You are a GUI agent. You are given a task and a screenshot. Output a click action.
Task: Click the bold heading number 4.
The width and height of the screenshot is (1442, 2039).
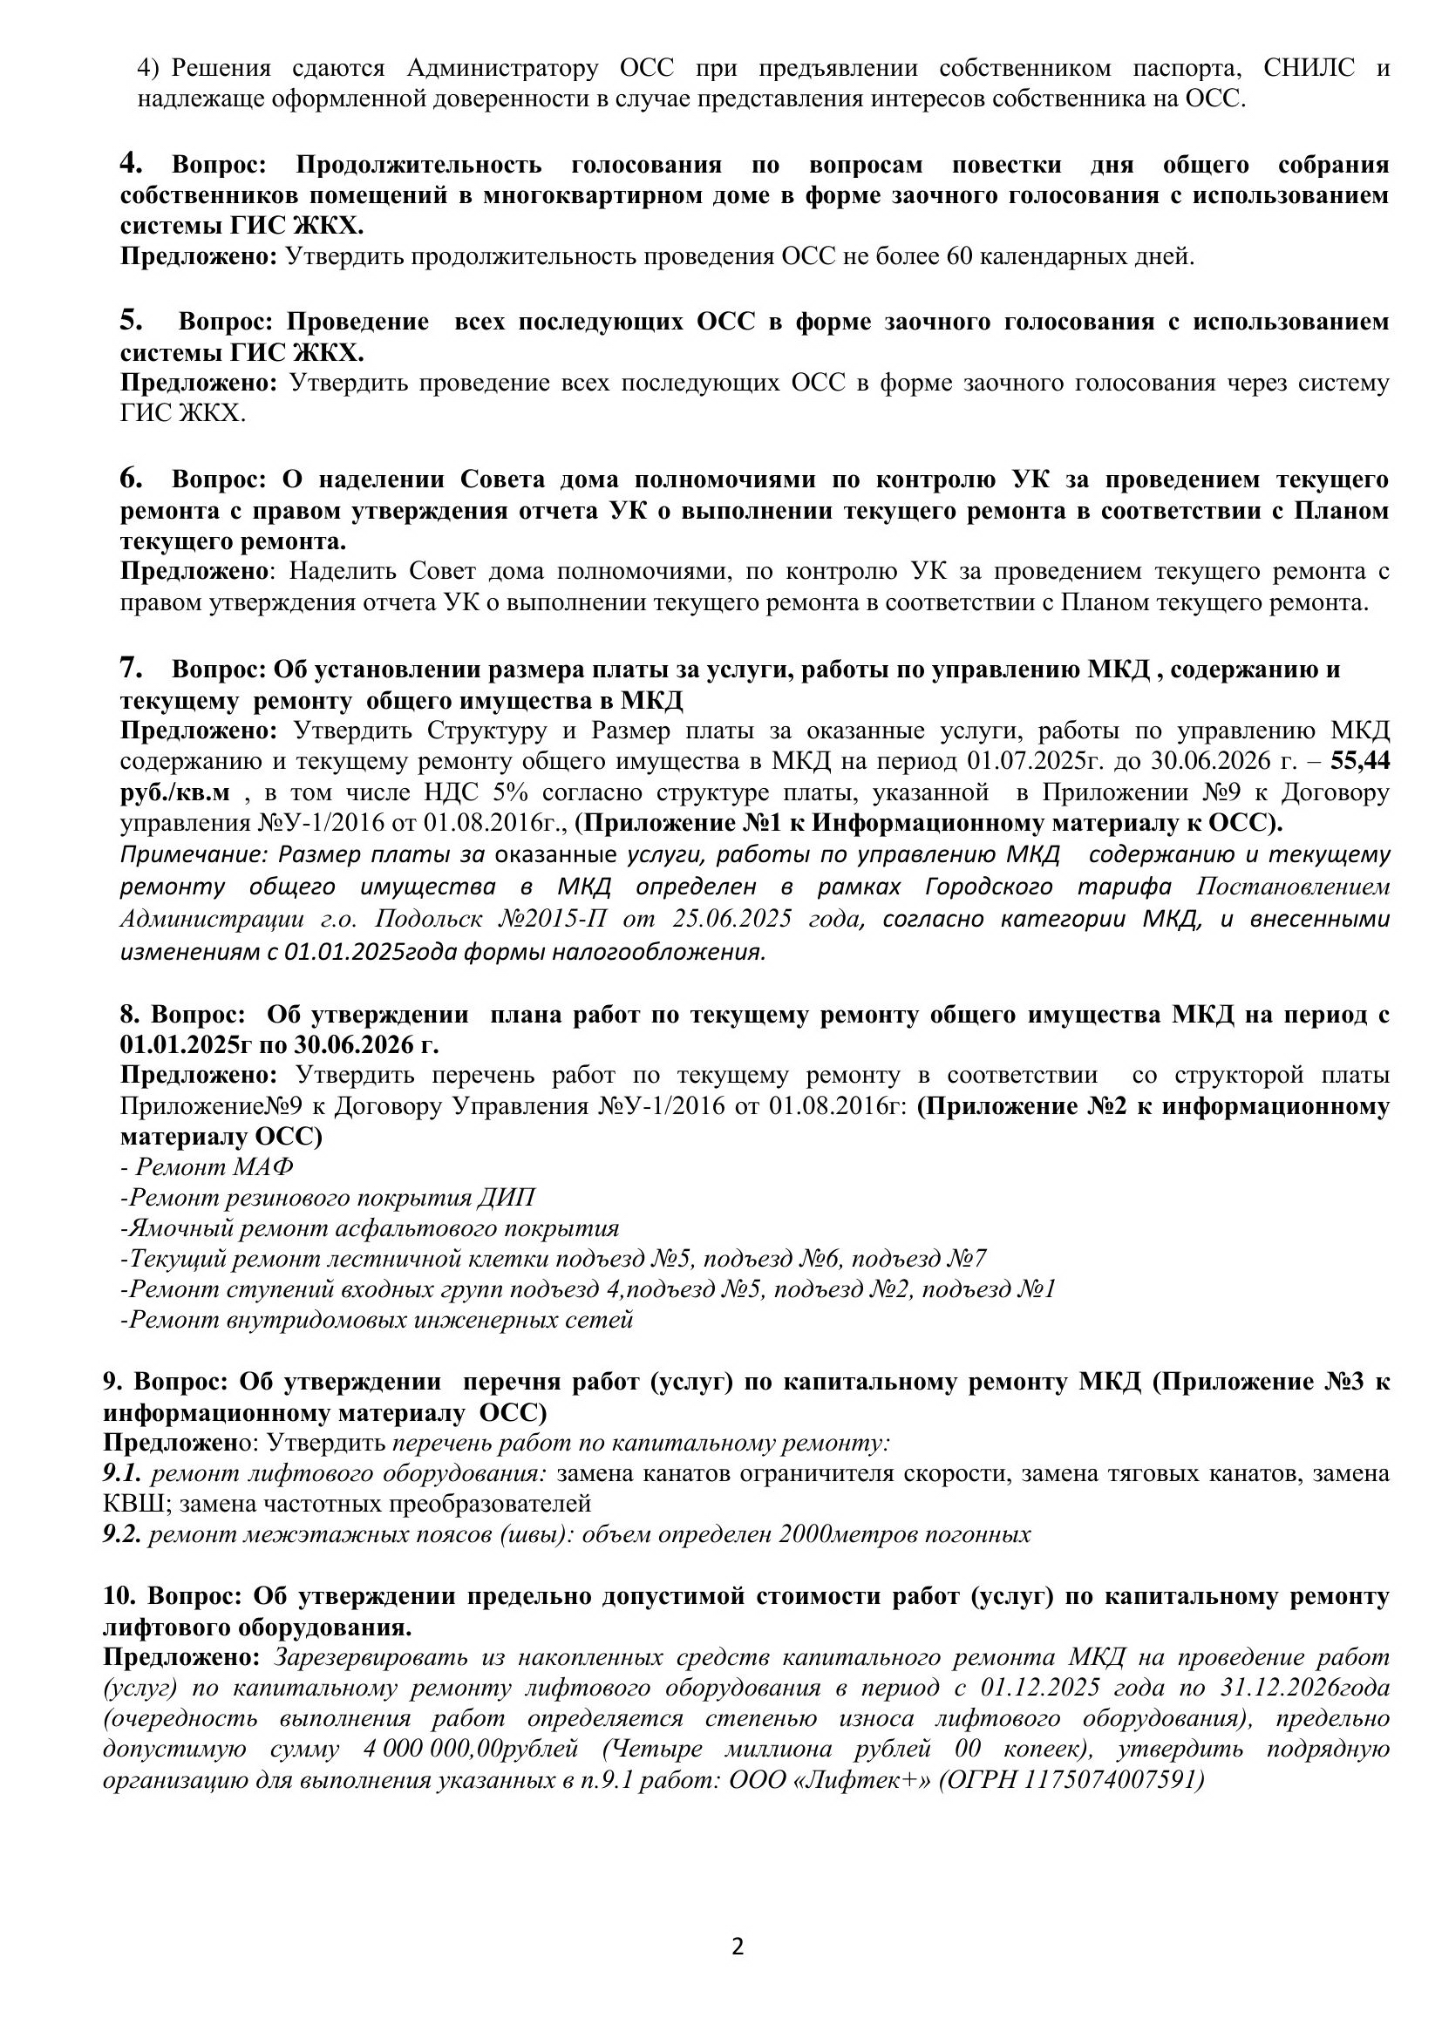coord(132,163)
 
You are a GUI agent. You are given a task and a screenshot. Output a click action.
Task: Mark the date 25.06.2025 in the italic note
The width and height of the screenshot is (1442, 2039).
coord(731,918)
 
